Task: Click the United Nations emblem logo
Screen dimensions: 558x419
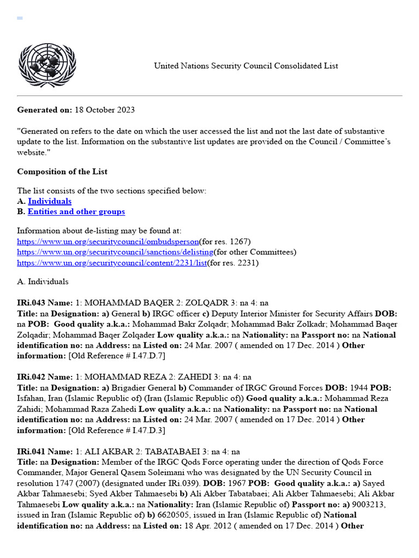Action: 47,65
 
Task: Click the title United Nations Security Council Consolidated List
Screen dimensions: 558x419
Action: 246,66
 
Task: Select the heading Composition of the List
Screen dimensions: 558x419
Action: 62,172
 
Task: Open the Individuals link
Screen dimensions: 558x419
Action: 50,202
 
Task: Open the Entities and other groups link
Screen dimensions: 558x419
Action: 76,212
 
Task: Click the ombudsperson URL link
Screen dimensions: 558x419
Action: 107,241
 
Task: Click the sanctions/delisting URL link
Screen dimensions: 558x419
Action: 115,252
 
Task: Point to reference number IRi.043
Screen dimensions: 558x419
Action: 31,303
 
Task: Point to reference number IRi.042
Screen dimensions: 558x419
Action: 31,377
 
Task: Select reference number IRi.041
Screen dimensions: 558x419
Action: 31,452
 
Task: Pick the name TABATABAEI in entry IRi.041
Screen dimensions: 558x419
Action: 177,452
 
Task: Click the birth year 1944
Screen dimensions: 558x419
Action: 358,388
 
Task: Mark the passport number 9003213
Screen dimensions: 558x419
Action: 370,505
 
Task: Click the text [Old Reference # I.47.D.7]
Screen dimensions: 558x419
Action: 116,356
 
